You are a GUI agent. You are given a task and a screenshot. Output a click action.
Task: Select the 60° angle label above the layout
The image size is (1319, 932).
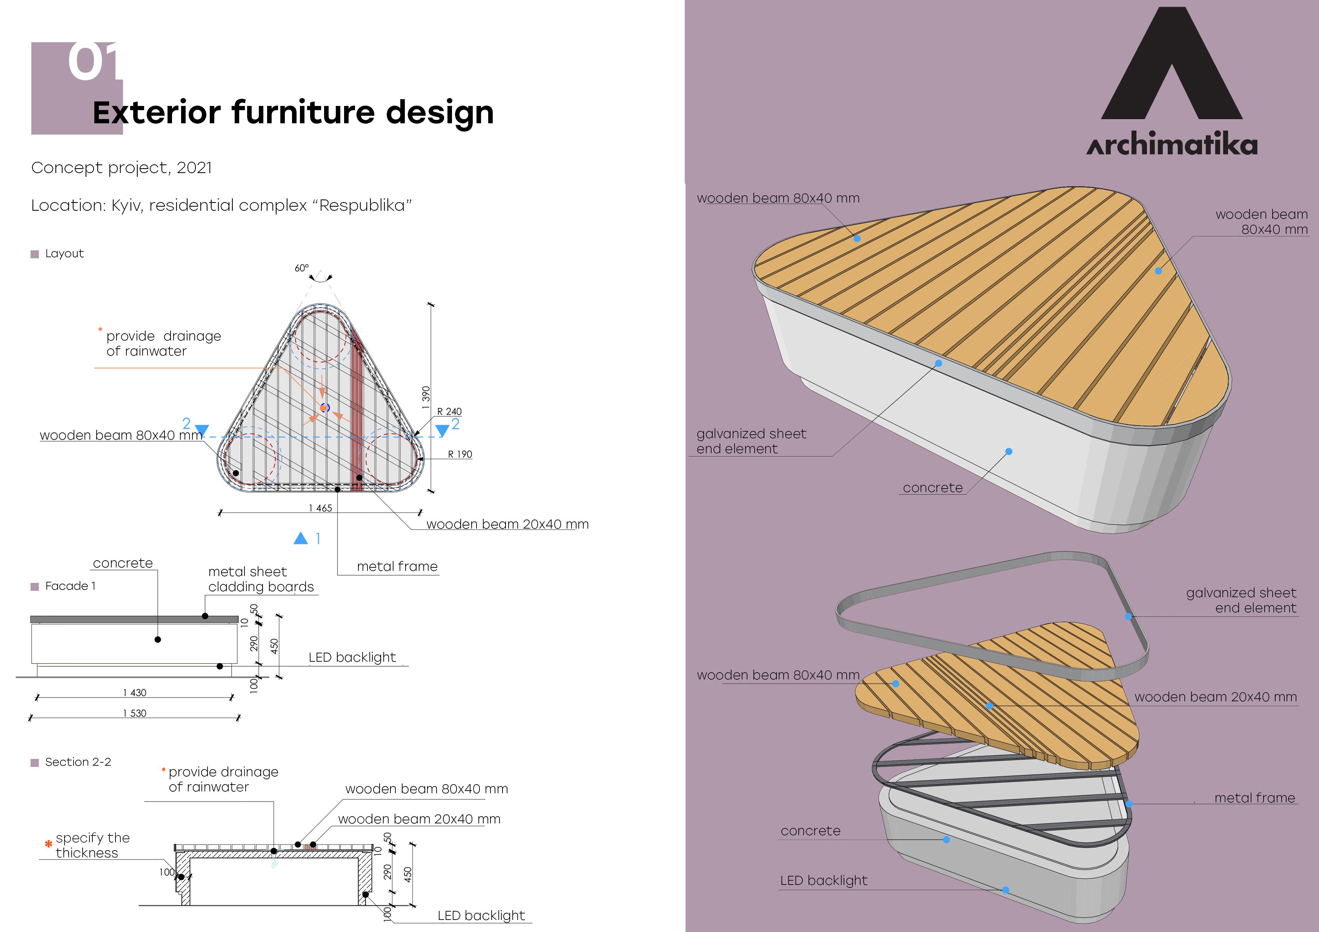[301, 268]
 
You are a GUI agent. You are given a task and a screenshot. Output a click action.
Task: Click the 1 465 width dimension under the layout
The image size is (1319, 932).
[320, 507]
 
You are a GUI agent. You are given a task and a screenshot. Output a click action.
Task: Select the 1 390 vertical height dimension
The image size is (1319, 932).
[426, 397]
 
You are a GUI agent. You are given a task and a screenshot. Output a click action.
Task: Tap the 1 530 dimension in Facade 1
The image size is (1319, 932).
[134, 713]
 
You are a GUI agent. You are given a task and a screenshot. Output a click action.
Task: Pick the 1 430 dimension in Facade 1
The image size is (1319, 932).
[134, 693]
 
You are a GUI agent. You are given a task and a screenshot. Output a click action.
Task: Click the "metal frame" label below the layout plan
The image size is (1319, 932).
[397, 567]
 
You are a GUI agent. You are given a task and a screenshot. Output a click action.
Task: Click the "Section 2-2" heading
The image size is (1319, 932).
[78, 762]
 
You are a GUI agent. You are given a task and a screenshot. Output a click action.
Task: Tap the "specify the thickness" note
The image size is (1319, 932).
[92, 845]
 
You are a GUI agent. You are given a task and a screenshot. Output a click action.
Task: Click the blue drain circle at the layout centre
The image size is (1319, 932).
[324, 408]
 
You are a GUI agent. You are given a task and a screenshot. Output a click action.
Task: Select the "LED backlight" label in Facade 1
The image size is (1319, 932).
[352, 658]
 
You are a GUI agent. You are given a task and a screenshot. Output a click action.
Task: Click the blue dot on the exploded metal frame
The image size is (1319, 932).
[1129, 804]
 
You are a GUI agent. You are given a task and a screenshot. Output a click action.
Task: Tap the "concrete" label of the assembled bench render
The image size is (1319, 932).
[932, 488]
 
